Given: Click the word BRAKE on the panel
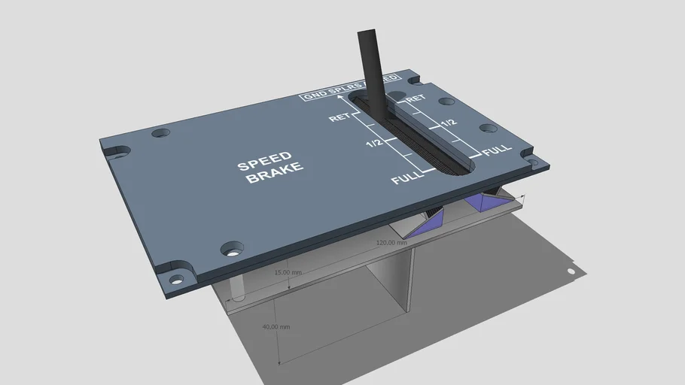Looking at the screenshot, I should (276, 174).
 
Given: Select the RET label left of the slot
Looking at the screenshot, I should (339, 118).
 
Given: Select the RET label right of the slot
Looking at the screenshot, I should (416, 99).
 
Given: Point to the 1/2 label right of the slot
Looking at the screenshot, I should (448, 122).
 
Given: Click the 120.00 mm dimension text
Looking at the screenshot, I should (391, 243).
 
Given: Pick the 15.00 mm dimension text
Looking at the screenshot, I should (288, 272).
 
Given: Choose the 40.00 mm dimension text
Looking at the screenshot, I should (276, 327).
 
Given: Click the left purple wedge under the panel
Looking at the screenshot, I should (431, 220).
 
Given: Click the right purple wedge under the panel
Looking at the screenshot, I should (478, 203).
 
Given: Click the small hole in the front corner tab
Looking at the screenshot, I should (176, 280).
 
